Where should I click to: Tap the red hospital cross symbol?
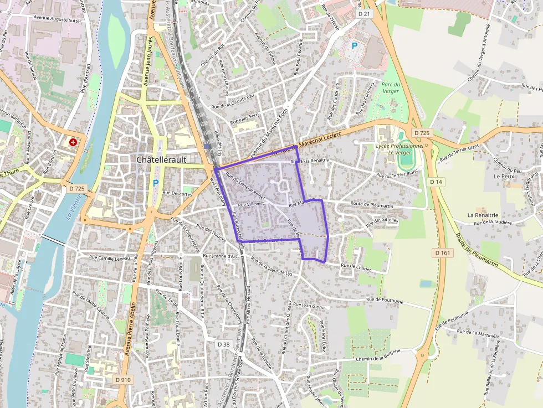point(73,142)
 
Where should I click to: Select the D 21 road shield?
point(364,13)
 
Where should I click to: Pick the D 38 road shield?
point(223,344)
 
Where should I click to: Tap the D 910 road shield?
point(124,380)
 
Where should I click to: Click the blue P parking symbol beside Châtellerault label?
point(156,183)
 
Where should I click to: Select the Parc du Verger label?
point(391,88)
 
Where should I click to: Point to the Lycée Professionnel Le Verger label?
point(399,149)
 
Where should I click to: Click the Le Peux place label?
point(504,176)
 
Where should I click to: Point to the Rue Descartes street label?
point(177,194)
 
